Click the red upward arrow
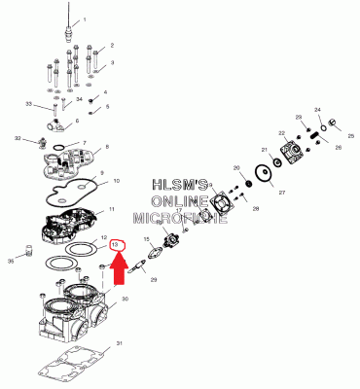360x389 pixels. click(x=118, y=266)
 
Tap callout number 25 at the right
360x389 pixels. click(x=350, y=136)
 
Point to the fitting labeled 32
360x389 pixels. click(x=41, y=142)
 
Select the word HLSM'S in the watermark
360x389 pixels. click(x=184, y=184)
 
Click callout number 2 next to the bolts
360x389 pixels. click(x=112, y=45)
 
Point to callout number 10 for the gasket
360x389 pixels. click(x=115, y=181)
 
